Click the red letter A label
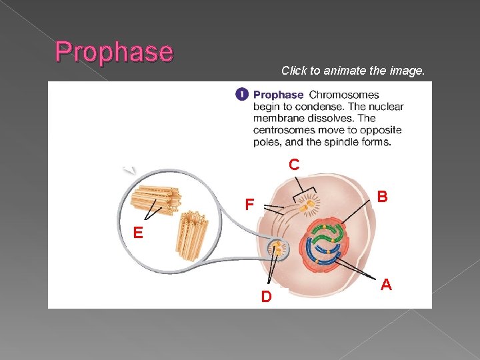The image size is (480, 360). click(385, 285)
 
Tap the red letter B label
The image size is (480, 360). click(382, 197)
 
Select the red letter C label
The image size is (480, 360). click(294, 165)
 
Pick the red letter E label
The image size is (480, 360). click(137, 233)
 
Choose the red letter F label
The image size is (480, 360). click(248, 204)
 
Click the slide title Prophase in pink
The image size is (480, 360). click(114, 51)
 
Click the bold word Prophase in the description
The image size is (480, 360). click(278, 95)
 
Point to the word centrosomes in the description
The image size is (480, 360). click(284, 130)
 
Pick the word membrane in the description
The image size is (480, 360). click(277, 119)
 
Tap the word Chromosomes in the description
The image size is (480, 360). click(344, 95)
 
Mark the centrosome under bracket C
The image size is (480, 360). click(307, 207)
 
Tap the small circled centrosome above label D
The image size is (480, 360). click(277, 250)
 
